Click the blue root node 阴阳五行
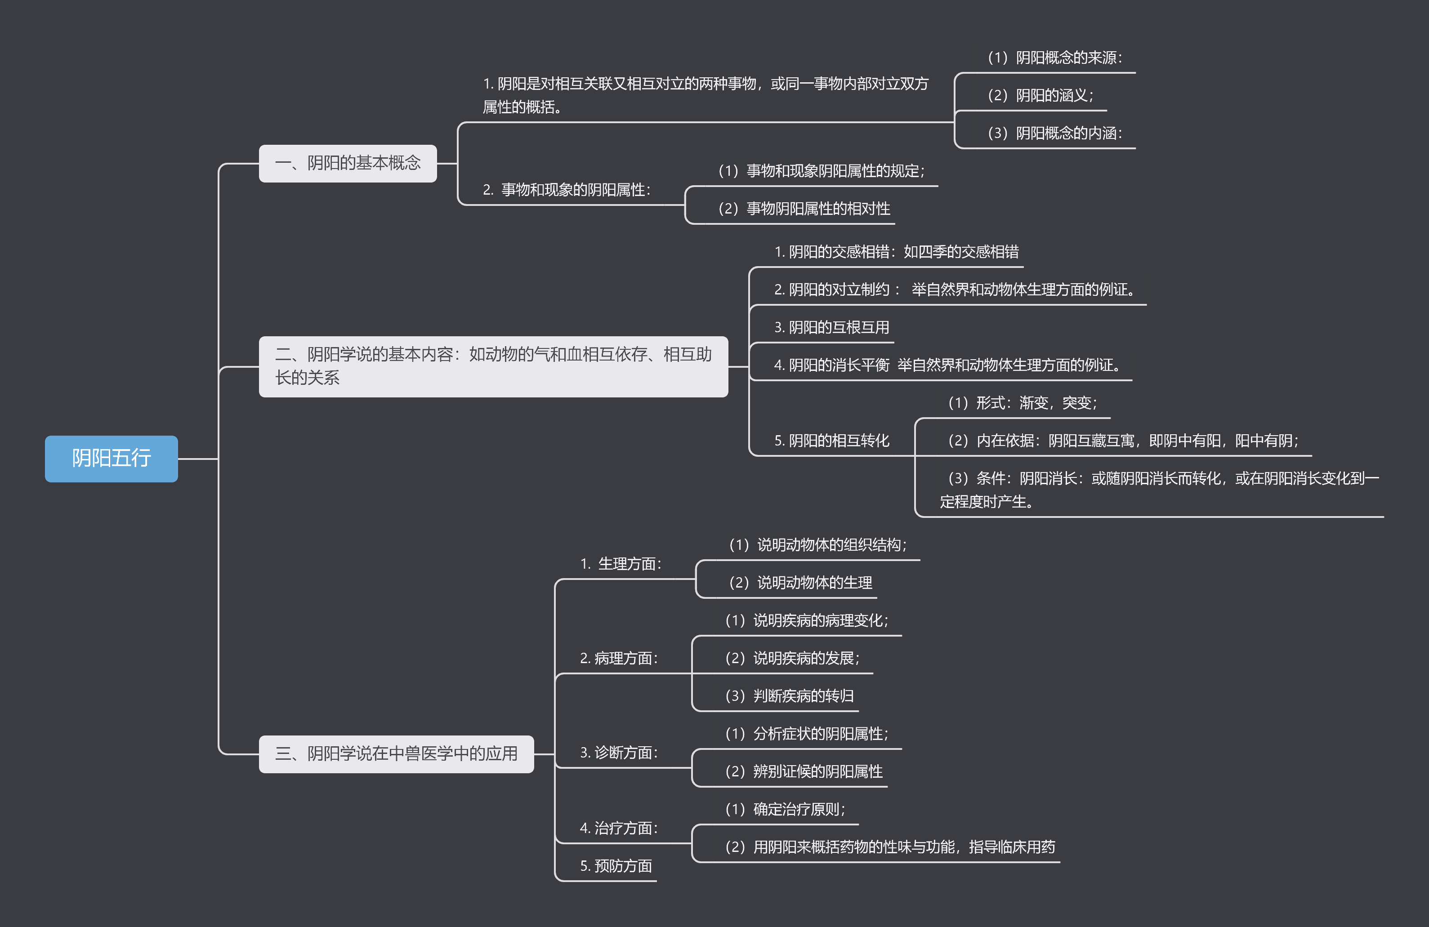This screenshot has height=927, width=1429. pos(111,458)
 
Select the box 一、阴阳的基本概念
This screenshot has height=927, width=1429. pos(348,163)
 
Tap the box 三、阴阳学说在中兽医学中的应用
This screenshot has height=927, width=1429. pos(396,753)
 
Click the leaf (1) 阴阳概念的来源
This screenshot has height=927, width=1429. pos(1054,58)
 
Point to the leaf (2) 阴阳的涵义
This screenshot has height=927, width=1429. pos(1040,95)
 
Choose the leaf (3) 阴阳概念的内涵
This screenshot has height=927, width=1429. pos(1054,133)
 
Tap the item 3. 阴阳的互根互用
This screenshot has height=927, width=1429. pos(831,327)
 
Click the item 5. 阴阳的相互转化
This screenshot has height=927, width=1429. pos(831,441)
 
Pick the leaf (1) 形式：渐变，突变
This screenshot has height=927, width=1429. pos(1023,403)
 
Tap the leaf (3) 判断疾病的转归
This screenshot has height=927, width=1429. pos(789,696)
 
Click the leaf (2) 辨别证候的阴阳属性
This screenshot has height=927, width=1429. pos(804,771)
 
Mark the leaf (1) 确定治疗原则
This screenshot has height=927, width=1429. pos(785,809)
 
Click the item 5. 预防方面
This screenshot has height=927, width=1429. pos(616,866)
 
